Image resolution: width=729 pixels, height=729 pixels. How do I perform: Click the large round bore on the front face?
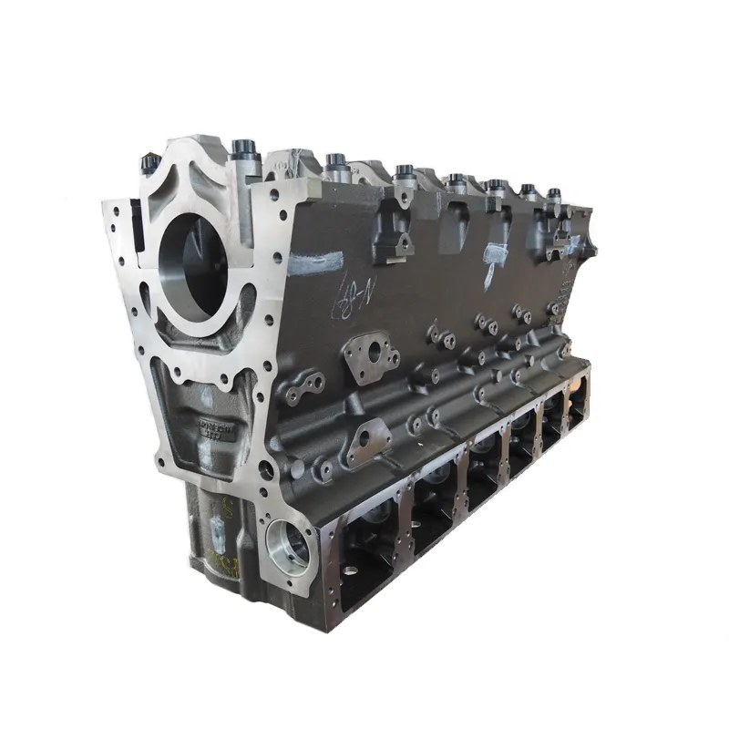pos(193,259)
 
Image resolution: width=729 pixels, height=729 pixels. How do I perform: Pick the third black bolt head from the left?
pos(334,163)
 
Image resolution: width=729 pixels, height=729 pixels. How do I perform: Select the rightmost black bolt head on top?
pos(553,193)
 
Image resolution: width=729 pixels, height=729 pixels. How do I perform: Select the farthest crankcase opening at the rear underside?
pos(577,405)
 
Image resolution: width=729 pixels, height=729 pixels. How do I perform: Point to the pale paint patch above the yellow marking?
pos(221,528)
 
